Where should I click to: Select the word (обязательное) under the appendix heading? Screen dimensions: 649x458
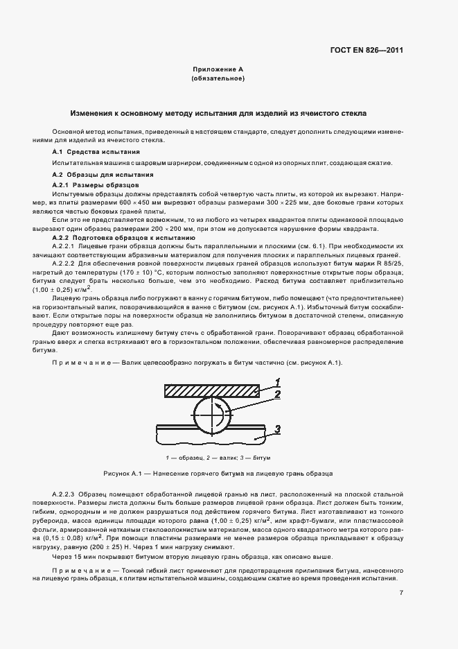point(218,79)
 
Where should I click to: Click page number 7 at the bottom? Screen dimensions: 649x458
point(401,592)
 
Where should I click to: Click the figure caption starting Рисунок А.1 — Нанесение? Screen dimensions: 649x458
point(218,474)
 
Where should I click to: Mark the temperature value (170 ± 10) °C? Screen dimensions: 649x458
point(158,272)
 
